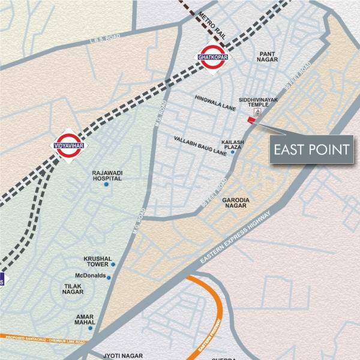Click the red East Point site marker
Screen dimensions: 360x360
[251, 120]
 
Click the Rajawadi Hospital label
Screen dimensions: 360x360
[107, 175]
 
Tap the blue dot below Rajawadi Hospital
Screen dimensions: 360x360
[106, 185]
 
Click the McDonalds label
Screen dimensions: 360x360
[90, 276]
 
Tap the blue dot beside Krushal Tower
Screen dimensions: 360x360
[113, 265]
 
